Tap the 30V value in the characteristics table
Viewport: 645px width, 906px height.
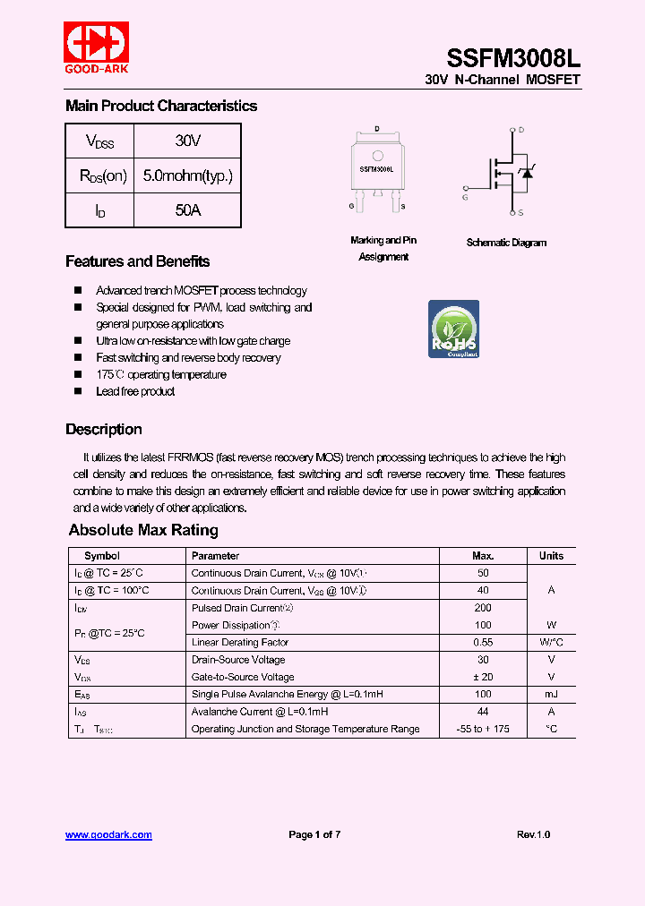187,141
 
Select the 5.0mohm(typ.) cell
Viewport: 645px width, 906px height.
187,175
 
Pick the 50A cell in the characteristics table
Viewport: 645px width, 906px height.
187,210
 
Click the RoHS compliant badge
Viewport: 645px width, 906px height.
453,329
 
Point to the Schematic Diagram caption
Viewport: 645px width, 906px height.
506,243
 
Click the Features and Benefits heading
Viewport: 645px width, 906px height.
137,261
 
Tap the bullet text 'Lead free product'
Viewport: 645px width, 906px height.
135,391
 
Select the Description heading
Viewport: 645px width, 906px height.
103,429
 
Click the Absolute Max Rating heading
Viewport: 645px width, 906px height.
143,530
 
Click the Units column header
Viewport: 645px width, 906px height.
551,556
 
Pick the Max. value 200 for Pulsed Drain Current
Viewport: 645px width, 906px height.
483,608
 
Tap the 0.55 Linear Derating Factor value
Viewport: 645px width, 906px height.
483,642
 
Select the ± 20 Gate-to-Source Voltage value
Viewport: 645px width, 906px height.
483,677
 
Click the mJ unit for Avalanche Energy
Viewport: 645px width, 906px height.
551,694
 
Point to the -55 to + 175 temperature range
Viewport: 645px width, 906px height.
483,729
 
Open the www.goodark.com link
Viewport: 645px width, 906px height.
108,834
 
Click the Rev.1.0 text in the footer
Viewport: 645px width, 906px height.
533,834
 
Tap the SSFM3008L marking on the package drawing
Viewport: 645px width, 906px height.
377,168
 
